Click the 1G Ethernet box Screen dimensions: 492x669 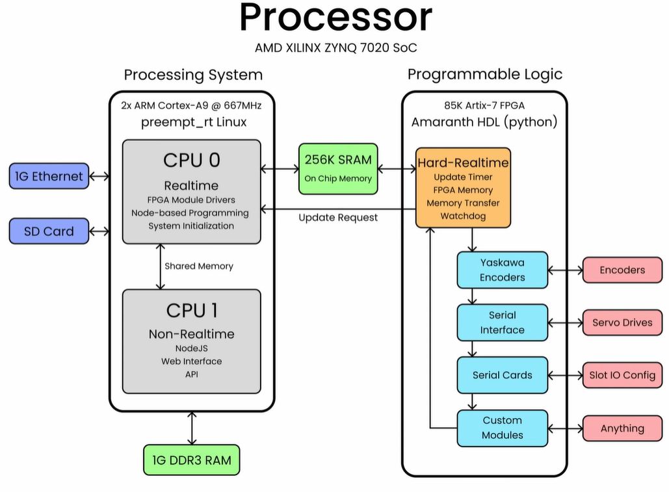coord(49,176)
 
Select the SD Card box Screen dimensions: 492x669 coord(49,231)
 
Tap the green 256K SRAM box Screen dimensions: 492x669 coord(338,168)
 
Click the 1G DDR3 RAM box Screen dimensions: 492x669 coord(191,461)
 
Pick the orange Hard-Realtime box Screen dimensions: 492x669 coord(463,188)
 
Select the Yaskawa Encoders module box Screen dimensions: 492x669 coord(502,270)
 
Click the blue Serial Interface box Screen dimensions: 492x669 coord(502,322)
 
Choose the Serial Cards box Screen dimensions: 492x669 coord(502,375)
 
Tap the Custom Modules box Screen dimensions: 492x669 coord(502,428)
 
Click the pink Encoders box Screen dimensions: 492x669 coord(622,270)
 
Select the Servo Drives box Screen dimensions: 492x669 coord(622,322)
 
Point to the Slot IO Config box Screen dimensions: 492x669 coord(622,375)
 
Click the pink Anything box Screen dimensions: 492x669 coord(622,428)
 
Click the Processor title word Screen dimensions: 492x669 coord(335,18)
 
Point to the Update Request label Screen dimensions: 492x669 coord(338,218)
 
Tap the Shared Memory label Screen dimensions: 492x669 coord(198,266)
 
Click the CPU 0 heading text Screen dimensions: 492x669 coord(191,160)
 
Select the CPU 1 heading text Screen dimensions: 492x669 coord(191,310)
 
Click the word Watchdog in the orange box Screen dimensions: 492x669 coord(463,216)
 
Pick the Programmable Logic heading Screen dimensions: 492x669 coord(484,74)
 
